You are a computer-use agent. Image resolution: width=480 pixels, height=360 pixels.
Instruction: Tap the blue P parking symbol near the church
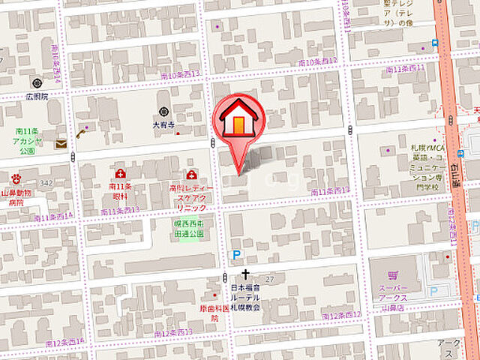[237, 256]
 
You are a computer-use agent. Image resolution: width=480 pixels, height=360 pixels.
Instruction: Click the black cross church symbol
[244, 275]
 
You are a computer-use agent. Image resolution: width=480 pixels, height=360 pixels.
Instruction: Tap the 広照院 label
[34, 96]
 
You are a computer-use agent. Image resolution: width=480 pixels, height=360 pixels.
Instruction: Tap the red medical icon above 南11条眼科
[121, 174]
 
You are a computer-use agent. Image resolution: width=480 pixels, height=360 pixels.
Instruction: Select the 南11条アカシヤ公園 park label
[29, 140]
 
